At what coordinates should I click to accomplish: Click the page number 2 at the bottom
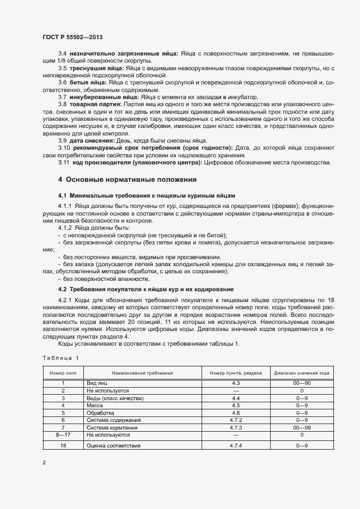[44, 463]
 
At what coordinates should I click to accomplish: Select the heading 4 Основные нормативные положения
[127, 179]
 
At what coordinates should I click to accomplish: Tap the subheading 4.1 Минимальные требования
[147, 195]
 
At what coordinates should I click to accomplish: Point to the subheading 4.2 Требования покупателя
[146, 289]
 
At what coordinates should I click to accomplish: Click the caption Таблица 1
[60, 358]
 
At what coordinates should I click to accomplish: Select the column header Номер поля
[63, 373]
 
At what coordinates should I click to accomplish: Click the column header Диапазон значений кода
[301, 373]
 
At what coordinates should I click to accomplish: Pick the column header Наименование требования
[142, 373]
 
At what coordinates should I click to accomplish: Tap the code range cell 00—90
[301, 383]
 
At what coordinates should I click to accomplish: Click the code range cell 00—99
[301, 428]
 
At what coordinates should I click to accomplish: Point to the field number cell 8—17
[63, 436]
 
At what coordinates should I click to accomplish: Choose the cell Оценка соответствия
[113, 446]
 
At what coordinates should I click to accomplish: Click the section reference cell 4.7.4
[236, 446]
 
